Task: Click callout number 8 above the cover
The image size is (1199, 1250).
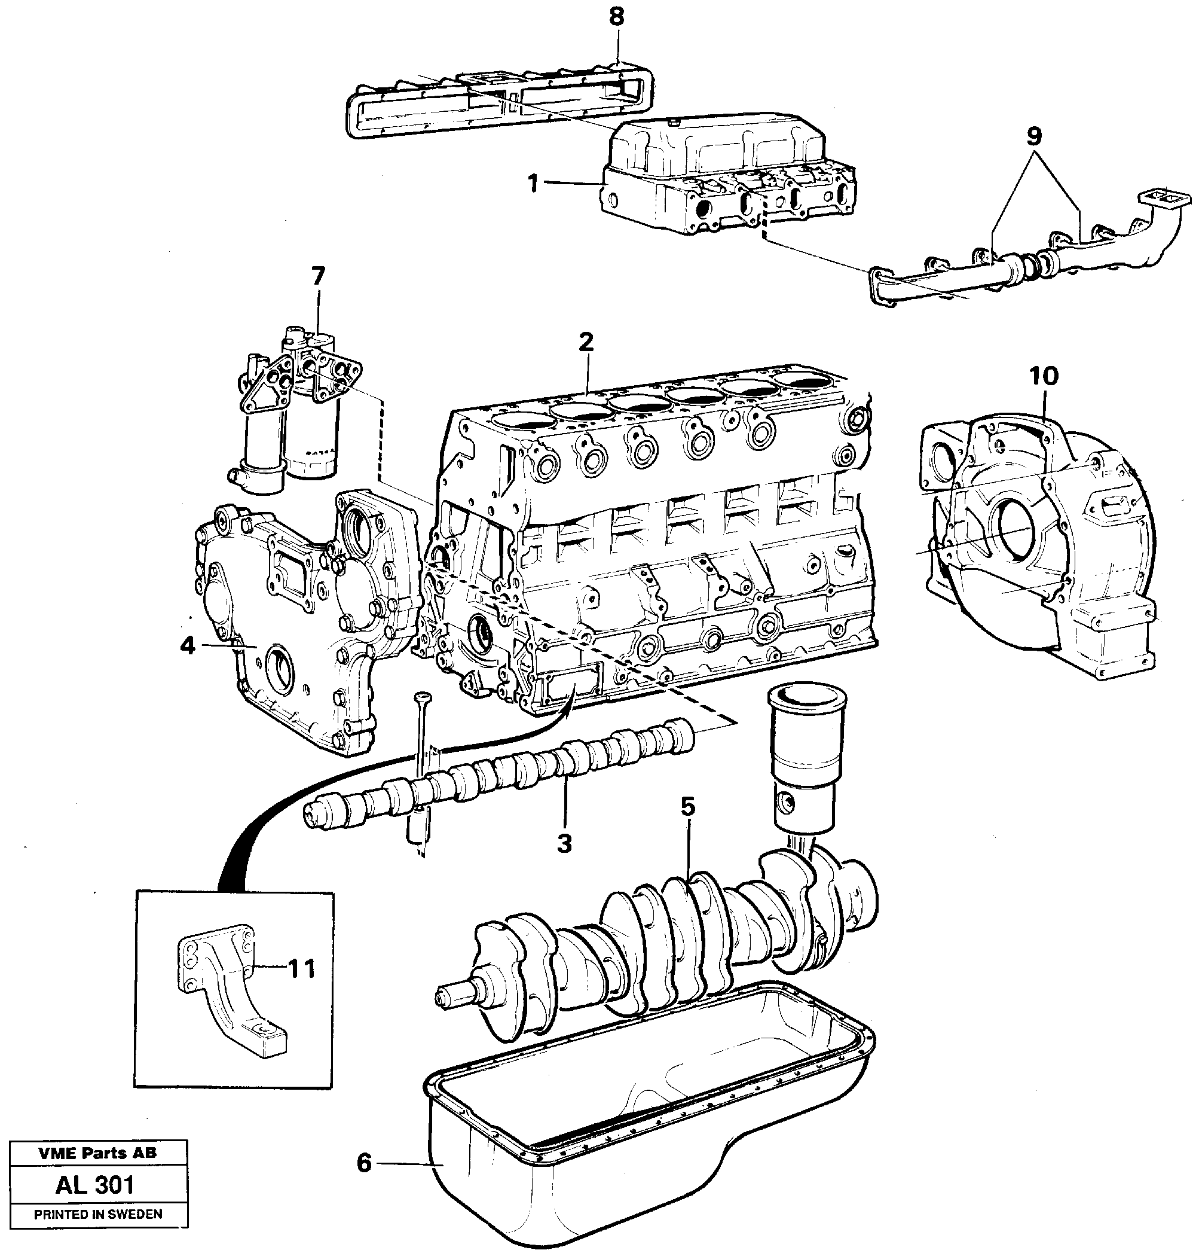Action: point(616,17)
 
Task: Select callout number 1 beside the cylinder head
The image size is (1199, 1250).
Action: point(533,184)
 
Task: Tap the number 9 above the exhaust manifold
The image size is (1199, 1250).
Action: point(1034,136)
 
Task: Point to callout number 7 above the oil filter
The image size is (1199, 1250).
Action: point(317,276)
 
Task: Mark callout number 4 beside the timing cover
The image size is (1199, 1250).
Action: point(186,646)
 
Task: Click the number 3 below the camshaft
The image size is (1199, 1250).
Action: point(564,843)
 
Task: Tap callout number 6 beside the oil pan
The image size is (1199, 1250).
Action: point(363,1163)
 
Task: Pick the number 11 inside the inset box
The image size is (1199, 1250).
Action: point(301,969)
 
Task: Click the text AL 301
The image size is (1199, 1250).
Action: point(95,1185)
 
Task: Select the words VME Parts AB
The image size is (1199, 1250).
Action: point(97,1153)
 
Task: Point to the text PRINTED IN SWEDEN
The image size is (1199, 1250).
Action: point(98,1214)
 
